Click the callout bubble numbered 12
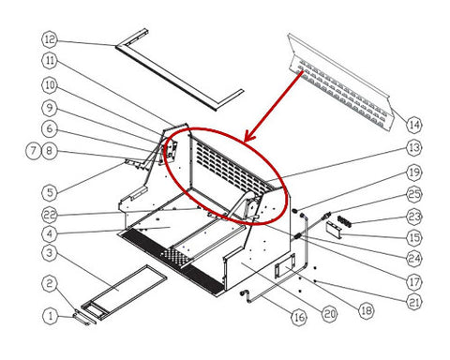(50, 39)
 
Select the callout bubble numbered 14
(414, 125)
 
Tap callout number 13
(414, 147)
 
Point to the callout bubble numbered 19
(414, 172)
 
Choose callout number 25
(414, 194)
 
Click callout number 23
(414, 217)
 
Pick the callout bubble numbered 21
(414, 302)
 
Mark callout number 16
(299, 318)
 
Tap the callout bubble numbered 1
(51, 316)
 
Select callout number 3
(50, 252)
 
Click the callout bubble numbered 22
(50, 215)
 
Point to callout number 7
(34, 151)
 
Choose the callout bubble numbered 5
(50, 192)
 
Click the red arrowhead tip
(245, 142)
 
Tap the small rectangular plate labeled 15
(334, 231)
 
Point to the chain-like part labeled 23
(344, 221)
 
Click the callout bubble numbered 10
(50, 85)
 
